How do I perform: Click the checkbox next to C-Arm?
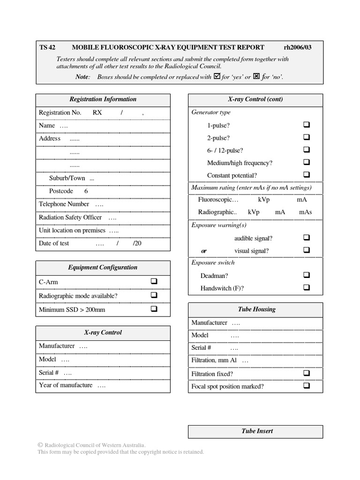tap(154, 282)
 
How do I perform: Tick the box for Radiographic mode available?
tap(154, 295)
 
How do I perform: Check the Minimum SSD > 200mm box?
tap(154, 309)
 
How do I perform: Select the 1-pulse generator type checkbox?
tap(307, 125)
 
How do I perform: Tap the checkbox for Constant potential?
tap(307, 175)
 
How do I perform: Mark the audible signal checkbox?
tap(307, 238)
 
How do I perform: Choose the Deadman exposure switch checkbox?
tap(307, 275)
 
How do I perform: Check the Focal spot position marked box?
tap(307, 386)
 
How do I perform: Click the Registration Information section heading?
tap(103, 99)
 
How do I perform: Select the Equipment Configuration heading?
tap(103, 268)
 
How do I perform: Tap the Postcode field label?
tap(61, 191)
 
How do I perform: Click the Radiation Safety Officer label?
tap(70, 217)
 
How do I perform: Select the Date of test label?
tap(54, 244)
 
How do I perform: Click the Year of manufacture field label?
tap(66, 385)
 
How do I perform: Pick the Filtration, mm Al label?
tap(214, 360)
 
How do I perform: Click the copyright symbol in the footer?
tap(40, 445)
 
